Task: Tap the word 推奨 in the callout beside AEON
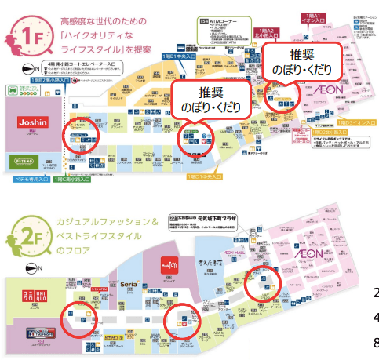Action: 300,56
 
